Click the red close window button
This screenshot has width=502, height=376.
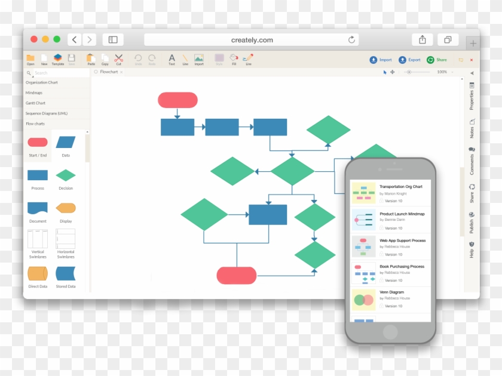[34, 39]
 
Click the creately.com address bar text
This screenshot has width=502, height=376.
[252, 40]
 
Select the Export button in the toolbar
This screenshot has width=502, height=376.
[411, 60]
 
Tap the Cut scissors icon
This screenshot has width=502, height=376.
[118, 58]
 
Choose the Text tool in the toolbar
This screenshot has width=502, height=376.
[172, 58]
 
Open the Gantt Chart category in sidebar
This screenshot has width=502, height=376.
[36, 103]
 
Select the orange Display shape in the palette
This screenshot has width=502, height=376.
[66, 208]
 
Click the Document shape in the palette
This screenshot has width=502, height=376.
[38, 208]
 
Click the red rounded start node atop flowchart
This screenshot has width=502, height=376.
[177, 100]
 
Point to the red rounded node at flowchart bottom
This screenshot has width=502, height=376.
[236, 275]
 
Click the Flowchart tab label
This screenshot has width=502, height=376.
[109, 72]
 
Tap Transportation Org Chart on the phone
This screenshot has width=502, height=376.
[400, 187]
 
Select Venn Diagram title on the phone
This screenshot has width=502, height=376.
[391, 292]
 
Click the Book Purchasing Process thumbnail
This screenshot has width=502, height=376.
[363, 273]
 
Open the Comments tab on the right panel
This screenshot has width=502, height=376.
[472, 162]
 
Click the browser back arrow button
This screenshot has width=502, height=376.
[74, 39]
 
